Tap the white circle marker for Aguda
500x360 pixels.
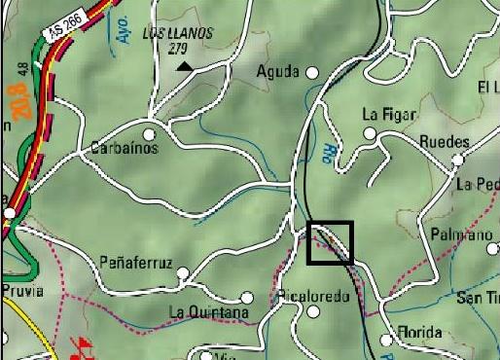pyautogui.click(x=312, y=72)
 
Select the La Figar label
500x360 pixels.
pyautogui.click(x=388, y=114)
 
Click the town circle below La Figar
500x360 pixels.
pyautogui.click(x=370, y=134)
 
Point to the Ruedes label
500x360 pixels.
pyautogui.click(x=444, y=142)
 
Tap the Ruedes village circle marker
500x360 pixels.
pyautogui.click(x=459, y=159)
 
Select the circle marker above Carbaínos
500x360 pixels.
pyautogui.click(x=149, y=134)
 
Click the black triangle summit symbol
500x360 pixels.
pyautogui.click(x=184, y=66)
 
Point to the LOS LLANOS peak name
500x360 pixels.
pyautogui.click(x=177, y=33)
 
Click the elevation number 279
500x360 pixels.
pyautogui.click(x=177, y=47)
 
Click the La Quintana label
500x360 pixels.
pyautogui.click(x=209, y=312)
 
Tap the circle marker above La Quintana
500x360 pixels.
pyautogui.click(x=247, y=298)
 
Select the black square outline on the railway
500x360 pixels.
pyautogui.click(x=330, y=242)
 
